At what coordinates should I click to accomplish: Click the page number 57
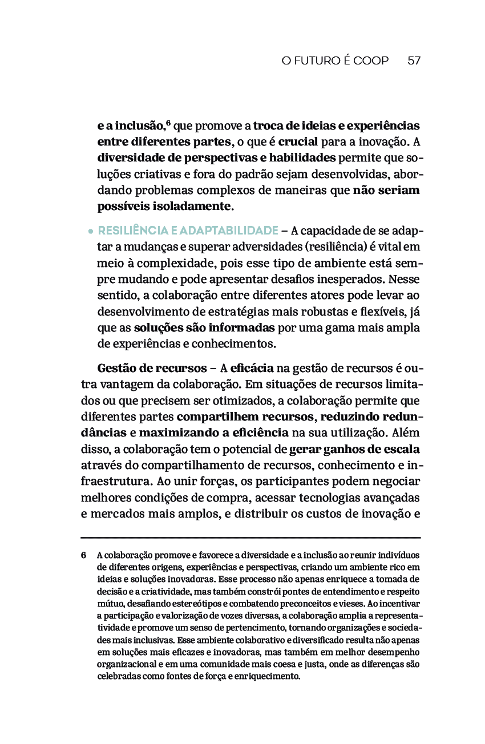tap(414, 60)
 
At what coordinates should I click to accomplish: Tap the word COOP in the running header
tap(371, 60)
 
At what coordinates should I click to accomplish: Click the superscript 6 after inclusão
tap(168, 122)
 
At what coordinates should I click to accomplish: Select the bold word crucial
tap(298, 141)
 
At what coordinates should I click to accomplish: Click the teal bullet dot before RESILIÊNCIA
tap(91, 232)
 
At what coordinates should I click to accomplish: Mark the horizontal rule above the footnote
tap(250, 537)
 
